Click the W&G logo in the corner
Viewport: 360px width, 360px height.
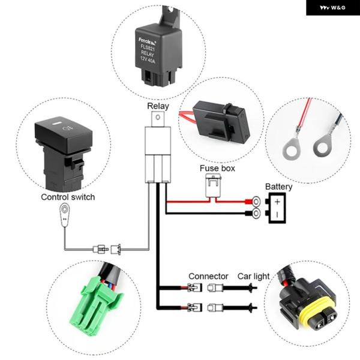(332, 8)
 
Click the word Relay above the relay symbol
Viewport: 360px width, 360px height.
(158, 106)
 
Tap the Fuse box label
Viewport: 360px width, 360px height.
(217, 169)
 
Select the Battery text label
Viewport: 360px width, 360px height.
(278, 187)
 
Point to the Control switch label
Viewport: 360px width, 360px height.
(68, 197)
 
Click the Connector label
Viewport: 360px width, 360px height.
(208, 276)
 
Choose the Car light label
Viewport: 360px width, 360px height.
(253, 276)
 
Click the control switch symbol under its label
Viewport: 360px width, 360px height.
(64, 214)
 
